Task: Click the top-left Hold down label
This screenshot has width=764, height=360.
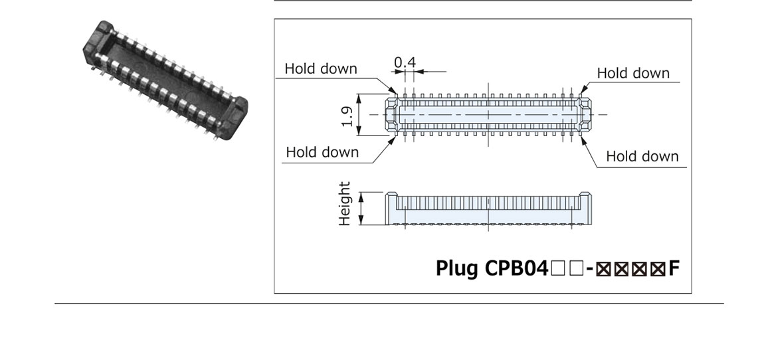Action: click(321, 69)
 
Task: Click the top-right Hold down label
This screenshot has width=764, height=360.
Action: click(633, 73)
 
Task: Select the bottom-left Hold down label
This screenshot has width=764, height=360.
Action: click(322, 152)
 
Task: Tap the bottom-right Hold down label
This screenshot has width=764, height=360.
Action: click(642, 157)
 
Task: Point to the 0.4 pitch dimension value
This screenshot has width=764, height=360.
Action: click(405, 62)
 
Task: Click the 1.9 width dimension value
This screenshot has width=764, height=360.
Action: click(347, 115)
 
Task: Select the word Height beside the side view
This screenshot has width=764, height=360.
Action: click(344, 203)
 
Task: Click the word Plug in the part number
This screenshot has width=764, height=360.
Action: click(455, 268)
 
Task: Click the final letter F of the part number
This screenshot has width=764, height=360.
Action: click(674, 268)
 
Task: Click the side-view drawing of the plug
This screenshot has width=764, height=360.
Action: click(488, 209)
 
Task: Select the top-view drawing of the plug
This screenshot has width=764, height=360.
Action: click(488, 114)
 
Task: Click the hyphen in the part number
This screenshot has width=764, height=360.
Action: click(589, 269)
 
